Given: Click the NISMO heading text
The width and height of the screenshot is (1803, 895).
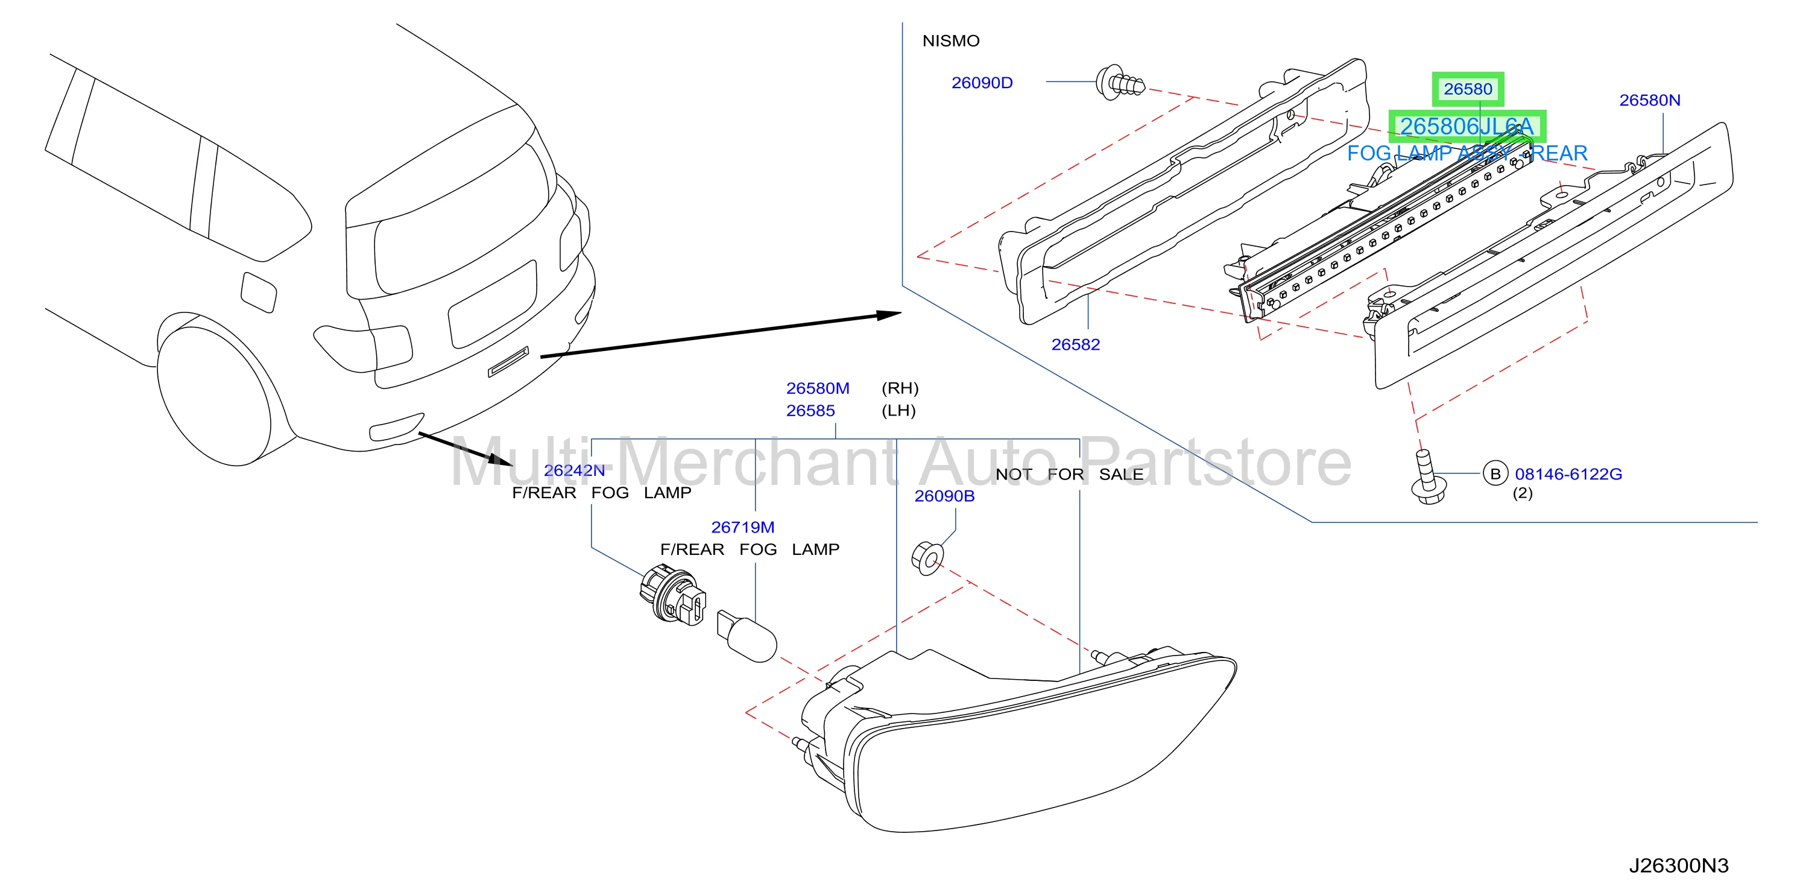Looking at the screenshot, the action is point(950,41).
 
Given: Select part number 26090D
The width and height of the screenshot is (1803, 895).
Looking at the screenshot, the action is point(981,83).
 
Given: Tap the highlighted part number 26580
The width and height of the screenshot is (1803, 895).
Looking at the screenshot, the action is point(1467,89).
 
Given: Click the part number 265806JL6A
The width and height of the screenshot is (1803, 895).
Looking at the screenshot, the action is point(1467,127).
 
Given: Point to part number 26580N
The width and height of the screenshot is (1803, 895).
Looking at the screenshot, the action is point(1649,100).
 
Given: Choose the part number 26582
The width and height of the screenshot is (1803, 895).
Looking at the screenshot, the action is point(1075,344).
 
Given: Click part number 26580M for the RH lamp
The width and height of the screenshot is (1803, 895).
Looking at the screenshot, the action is point(818,388).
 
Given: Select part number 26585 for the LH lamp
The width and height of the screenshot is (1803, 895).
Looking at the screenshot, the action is point(810,411).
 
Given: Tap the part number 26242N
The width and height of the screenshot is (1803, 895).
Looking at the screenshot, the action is point(574,470).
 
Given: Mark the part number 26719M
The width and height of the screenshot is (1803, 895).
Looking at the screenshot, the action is point(743,527).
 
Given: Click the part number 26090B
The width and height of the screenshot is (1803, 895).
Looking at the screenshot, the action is point(944,495).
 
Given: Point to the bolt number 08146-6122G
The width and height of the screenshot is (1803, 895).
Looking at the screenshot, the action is point(1568,474).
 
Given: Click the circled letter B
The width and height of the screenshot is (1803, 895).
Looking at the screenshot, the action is point(1495,474).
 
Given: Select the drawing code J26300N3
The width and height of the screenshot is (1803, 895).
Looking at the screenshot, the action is point(1678,865).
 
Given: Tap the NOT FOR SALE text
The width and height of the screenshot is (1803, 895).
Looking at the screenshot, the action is point(1069,474).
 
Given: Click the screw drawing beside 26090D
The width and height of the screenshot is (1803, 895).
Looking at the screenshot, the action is point(1120,83).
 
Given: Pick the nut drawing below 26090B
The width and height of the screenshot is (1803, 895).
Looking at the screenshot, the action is point(927,558).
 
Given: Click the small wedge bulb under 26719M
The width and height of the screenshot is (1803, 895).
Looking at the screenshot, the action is point(747,634).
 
